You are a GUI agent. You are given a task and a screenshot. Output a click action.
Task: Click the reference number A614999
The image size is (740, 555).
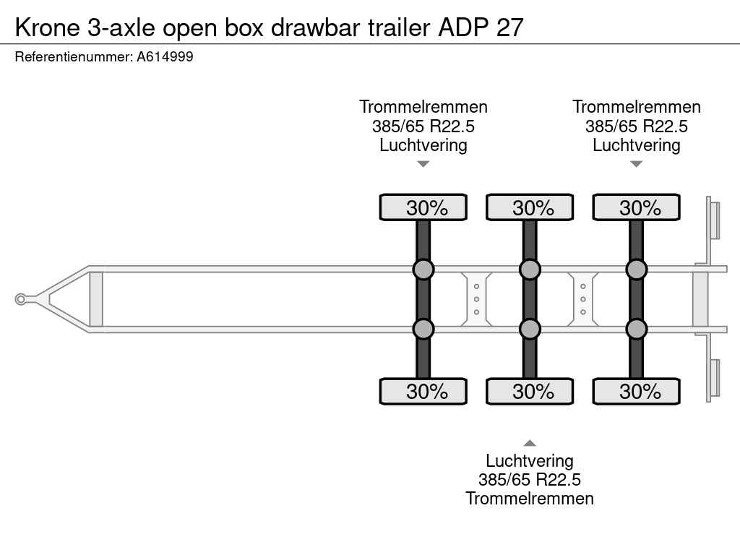(165, 56)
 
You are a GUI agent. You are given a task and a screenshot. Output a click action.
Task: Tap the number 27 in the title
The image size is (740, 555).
(509, 27)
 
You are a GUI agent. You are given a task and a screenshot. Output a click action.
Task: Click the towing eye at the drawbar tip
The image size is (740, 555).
(21, 299)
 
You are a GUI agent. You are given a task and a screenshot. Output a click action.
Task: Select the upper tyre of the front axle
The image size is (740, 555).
(423, 207)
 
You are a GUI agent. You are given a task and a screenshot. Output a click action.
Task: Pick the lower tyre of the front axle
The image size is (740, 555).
(423, 392)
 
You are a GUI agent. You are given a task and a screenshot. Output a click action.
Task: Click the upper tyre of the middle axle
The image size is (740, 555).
(530, 207)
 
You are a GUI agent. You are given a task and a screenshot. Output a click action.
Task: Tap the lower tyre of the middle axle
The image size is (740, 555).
(530, 392)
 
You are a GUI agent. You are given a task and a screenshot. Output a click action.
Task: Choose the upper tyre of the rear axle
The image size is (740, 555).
(636, 207)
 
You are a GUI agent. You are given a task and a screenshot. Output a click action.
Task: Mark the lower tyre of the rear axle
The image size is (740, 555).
(636, 392)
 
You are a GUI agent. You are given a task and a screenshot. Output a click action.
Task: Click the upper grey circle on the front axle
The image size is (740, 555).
(423, 270)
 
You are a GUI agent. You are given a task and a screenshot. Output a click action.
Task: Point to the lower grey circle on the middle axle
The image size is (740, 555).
(530, 329)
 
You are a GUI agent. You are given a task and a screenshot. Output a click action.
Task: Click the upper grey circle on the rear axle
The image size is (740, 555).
(636, 270)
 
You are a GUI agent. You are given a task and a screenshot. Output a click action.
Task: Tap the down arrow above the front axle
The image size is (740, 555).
(423, 164)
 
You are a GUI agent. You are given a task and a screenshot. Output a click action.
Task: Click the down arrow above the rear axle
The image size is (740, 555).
(636, 164)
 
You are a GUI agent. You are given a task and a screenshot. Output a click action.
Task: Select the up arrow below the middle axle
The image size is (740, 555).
(530, 443)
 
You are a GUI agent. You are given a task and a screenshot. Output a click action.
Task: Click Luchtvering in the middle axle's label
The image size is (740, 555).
(530, 461)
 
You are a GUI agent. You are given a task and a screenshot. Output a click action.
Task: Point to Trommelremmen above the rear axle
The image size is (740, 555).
(637, 107)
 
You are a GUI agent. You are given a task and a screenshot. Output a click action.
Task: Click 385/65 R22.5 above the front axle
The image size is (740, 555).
(423, 126)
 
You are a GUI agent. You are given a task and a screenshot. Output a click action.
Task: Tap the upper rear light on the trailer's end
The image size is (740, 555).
(714, 220)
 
